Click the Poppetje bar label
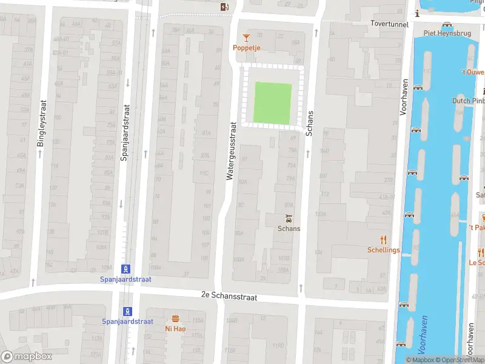pos(247,47)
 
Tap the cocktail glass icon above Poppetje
pos(246,38)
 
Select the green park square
pos(272,101)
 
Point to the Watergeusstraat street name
pos(230,150)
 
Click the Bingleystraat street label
pos(41,123)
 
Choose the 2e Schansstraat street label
pos(230,297)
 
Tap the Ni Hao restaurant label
pos(175,329)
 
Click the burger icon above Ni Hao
pos(175,319)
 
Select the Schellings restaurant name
pos(383,250)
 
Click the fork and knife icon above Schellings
pos(383,240)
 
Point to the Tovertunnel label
pos(392,24)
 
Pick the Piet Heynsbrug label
pos(447,33)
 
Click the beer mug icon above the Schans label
pos(289,218)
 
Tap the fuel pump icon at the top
pos(225,7)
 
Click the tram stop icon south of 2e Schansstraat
pos(127,311)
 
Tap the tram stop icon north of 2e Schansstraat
pos(125,269)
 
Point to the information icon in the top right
pos(418,13)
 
